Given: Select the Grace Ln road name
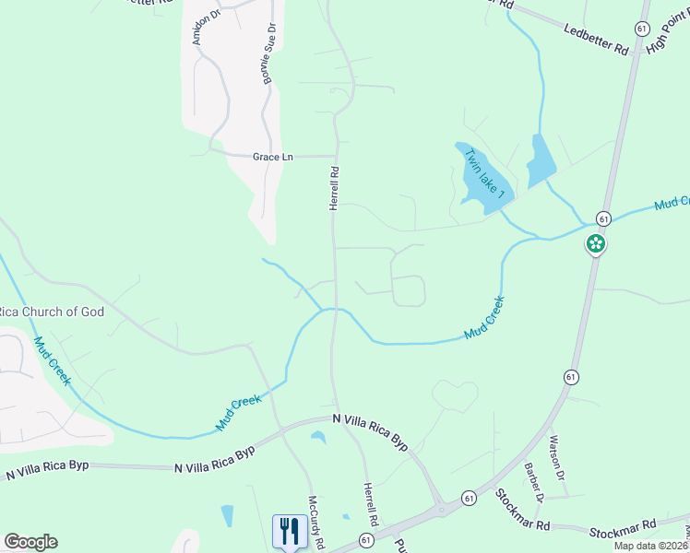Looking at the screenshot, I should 272,157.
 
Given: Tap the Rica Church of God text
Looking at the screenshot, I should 52,312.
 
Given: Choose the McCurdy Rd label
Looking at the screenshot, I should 316,524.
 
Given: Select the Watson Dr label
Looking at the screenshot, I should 555,458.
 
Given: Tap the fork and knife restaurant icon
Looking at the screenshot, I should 290,531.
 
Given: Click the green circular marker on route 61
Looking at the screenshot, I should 596,244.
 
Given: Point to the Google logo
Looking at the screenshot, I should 30,542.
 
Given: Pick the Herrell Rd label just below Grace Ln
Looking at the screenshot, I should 335,188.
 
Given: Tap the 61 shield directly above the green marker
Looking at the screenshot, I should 602,218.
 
